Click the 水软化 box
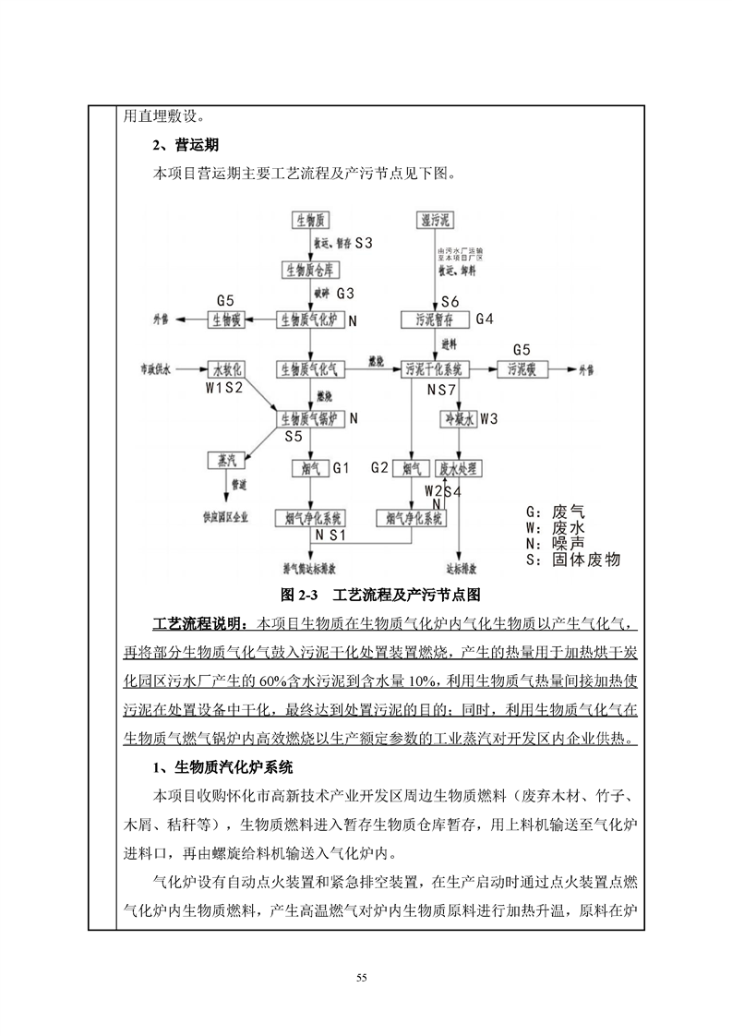pos(226,368)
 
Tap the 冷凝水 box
pos(459,418)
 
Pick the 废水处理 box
pos(459,468)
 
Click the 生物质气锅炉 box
pos(311,418)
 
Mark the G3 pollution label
pos(345,294)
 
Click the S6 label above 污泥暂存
pos(450,302)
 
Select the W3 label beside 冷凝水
pos(489,418)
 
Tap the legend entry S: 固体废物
pos(572,560)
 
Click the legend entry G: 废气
pos(555,512)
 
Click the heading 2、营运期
pos(185,145)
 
